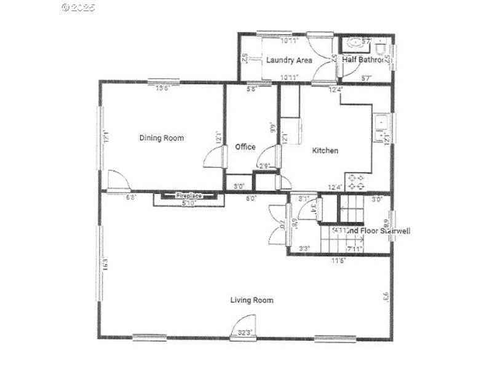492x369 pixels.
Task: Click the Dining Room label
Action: click(x=161, y=138)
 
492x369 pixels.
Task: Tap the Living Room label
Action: click(x=252, y=300)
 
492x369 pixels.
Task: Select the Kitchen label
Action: click(x=325, y=151)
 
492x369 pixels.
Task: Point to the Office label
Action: click(x=245, y=147)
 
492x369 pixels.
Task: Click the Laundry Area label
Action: click(x=289, y=60)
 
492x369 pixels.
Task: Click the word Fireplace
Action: click(x=189, y=196)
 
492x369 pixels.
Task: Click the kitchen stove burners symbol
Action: click(x=356, y=181)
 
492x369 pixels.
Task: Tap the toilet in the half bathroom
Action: click(x=381, y=47)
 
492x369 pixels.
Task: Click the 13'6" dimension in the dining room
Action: click(x=162, y=88)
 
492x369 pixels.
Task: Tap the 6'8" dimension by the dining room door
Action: click(x=132, y=197)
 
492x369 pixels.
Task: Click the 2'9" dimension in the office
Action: click(x=264, y=166)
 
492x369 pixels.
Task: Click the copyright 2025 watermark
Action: click(x=78, y=8)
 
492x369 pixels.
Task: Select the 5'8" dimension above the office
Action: click(x=252, y=89)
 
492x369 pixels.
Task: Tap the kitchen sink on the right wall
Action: click(x=379, y=128)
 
